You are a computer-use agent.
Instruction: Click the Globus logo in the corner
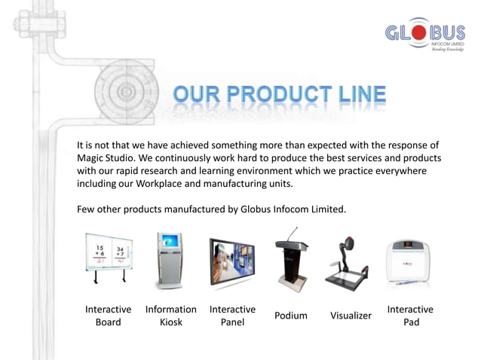[x=424, y=35]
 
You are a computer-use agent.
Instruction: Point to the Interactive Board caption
[x=108, y=316]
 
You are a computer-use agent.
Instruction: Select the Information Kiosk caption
[x=170, y=316]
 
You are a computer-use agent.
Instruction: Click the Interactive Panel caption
[x=232, y=316]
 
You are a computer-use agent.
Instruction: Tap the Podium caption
[x=290, y=316]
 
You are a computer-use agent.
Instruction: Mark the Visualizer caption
[x=351, y=316]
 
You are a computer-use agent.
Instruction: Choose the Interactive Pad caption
[x=410, y=316]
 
